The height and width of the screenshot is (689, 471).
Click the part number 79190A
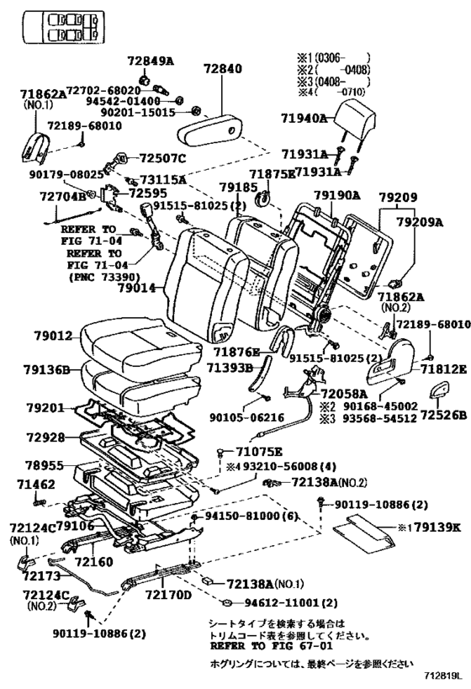click(x=336, y=194)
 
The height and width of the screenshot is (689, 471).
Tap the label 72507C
click(x=162, y=158)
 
